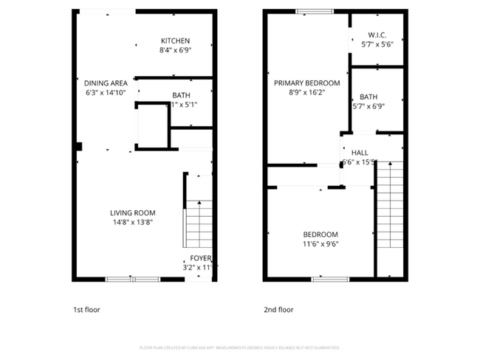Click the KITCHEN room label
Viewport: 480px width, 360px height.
pyautogui.click(x=176, y=41)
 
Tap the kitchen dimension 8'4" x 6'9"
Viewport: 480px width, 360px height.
pyautogui.click(x=176, y=51)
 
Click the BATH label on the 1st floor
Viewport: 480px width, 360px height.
pyautogui.click(x=181, y=95)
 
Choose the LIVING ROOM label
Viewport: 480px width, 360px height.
pyautogui.click(x=133, y=212)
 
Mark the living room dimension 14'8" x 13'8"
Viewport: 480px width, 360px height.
pyautogui.click(x=133, y=222)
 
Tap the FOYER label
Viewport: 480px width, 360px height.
pyautogui.click(x=200, y=258)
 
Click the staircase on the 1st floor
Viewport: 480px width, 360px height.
pyautogui.click(x=198, y=226)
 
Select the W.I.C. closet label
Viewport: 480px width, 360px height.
pyautogui.click(x=377, y=34)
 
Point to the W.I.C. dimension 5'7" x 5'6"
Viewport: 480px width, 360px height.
pyautogui.click(x=377, y=44)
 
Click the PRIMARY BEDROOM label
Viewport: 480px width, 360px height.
pyautogui.click(x=306, y=83)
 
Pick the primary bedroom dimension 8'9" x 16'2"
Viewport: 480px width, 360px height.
pyautogui.click(x=306, y=93)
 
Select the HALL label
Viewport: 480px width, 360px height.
pyautogui.click(x=360, y=153)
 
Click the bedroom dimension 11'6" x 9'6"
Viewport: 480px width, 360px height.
pyautogui.click(x=320, y=244)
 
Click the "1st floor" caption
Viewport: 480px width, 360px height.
pyautogui.click(x=86, y=310)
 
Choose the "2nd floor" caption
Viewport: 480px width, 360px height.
pyautogui.click(x=278, y=310)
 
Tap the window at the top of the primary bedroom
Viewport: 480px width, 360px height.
pyautogui.click(x=306, y=11)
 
